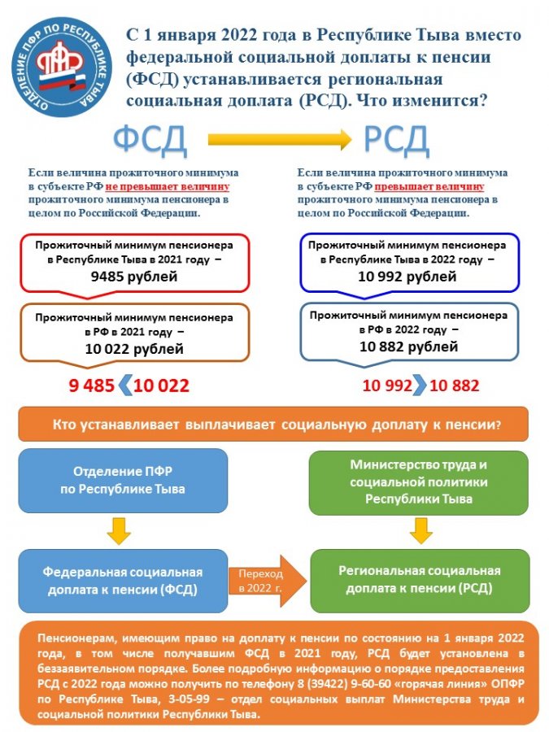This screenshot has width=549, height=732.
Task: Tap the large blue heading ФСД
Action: point(150,140)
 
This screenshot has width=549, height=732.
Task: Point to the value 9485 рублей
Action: point(134,277)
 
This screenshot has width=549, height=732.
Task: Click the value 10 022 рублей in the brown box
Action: point(134,349)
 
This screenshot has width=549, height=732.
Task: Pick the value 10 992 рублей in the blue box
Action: point(407,277)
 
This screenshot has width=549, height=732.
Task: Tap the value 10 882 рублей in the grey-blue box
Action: point(407,347)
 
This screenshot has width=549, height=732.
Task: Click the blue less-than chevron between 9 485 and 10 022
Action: point(126,386)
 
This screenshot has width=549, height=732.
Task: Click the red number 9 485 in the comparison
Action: point(94,386)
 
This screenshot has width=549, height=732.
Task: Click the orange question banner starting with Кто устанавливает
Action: point(275,425)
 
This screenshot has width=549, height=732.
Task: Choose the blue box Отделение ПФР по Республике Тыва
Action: point(123,481)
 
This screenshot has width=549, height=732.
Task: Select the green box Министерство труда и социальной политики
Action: point(419,481)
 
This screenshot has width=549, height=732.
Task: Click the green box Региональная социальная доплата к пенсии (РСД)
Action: point(419,579)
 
